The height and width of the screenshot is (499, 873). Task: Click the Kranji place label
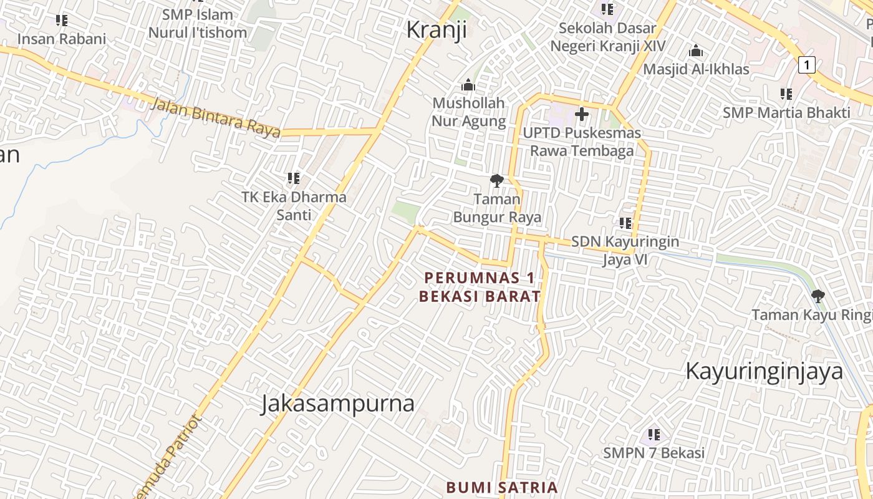pos(436,30)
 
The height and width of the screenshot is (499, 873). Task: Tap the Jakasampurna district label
pos(337,404)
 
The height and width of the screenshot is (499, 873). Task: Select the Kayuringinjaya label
pos(764,371)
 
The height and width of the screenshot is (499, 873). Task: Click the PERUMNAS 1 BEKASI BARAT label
pos(480,286)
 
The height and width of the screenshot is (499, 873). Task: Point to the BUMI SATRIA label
pos(502,487)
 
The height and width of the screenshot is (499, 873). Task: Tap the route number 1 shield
pos(807,65)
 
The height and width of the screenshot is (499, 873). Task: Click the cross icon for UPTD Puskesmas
pos(582,114)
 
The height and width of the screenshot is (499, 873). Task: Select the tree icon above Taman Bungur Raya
pos(497,181)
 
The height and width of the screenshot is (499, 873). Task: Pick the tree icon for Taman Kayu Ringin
pos(818,296)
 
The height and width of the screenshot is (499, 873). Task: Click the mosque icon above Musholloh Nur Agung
pos(468,85)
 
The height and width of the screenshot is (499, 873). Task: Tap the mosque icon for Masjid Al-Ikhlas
pos(696,51)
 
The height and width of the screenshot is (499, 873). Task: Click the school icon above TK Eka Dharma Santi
pos(294,178)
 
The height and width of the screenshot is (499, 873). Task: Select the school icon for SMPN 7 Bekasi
pos(654,434)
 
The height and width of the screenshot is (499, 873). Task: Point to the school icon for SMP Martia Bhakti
pos(786,94)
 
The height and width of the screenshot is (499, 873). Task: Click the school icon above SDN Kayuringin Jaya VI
pos(625,223)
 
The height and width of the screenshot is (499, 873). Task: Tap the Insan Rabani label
pos(62,39)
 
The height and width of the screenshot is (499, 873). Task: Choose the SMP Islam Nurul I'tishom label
pos(197,23)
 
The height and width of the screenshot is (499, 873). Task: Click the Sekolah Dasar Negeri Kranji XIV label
pos(607,37)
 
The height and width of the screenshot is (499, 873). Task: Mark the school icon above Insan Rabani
pos(62,21)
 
